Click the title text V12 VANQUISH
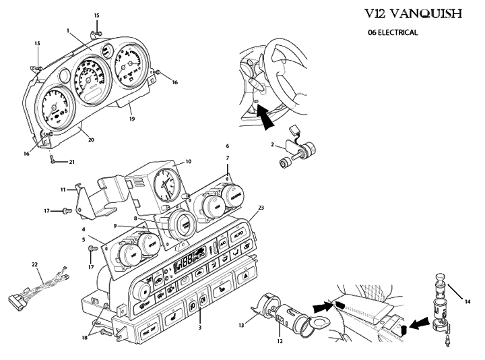[x=423, y=13]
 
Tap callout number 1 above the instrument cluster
[x=69, y=30]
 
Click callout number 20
[x=90, y=140]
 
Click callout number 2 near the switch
[x=271, y=145]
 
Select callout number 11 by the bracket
[x=63, y=190]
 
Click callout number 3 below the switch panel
[x=200, y=327]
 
